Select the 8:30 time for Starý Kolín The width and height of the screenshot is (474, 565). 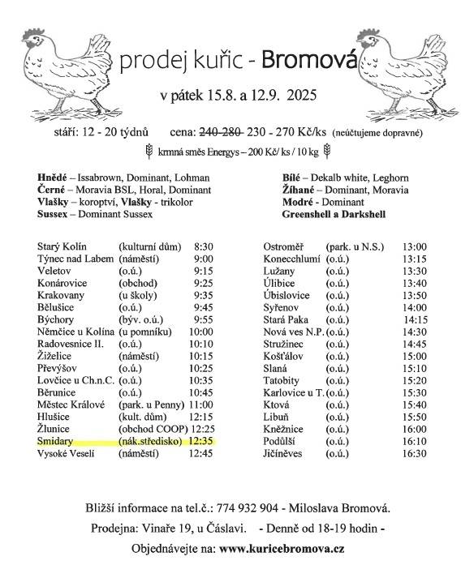[x=204, y=246]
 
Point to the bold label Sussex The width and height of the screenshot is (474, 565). [x=54, y=214]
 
